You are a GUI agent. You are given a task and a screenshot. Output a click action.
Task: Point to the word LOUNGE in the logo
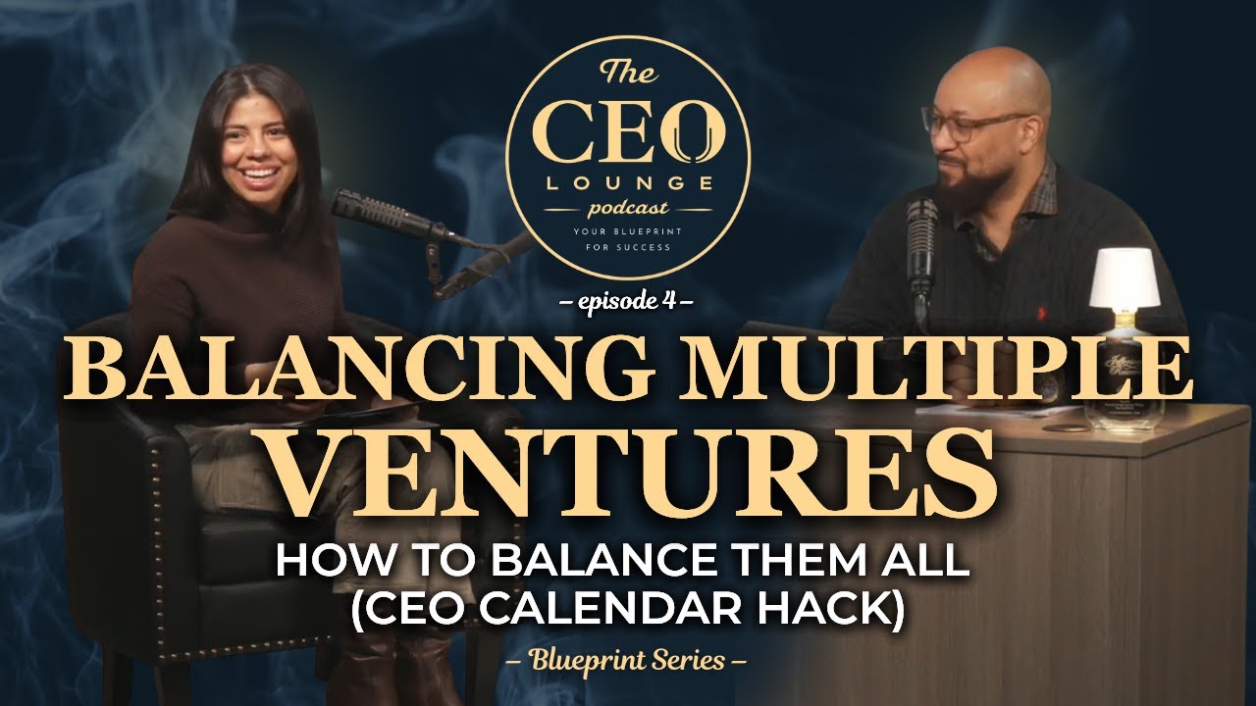pyautogui.click(x=627, y=183)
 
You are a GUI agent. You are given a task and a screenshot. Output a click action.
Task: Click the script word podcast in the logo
pyautogui.click(x=628, y=208)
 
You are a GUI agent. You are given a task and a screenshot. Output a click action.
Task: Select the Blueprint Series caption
pyautogui.click(x=628, y=660)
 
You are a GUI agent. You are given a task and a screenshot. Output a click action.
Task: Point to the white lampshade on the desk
pyautogui.click(x=1125, y=277)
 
